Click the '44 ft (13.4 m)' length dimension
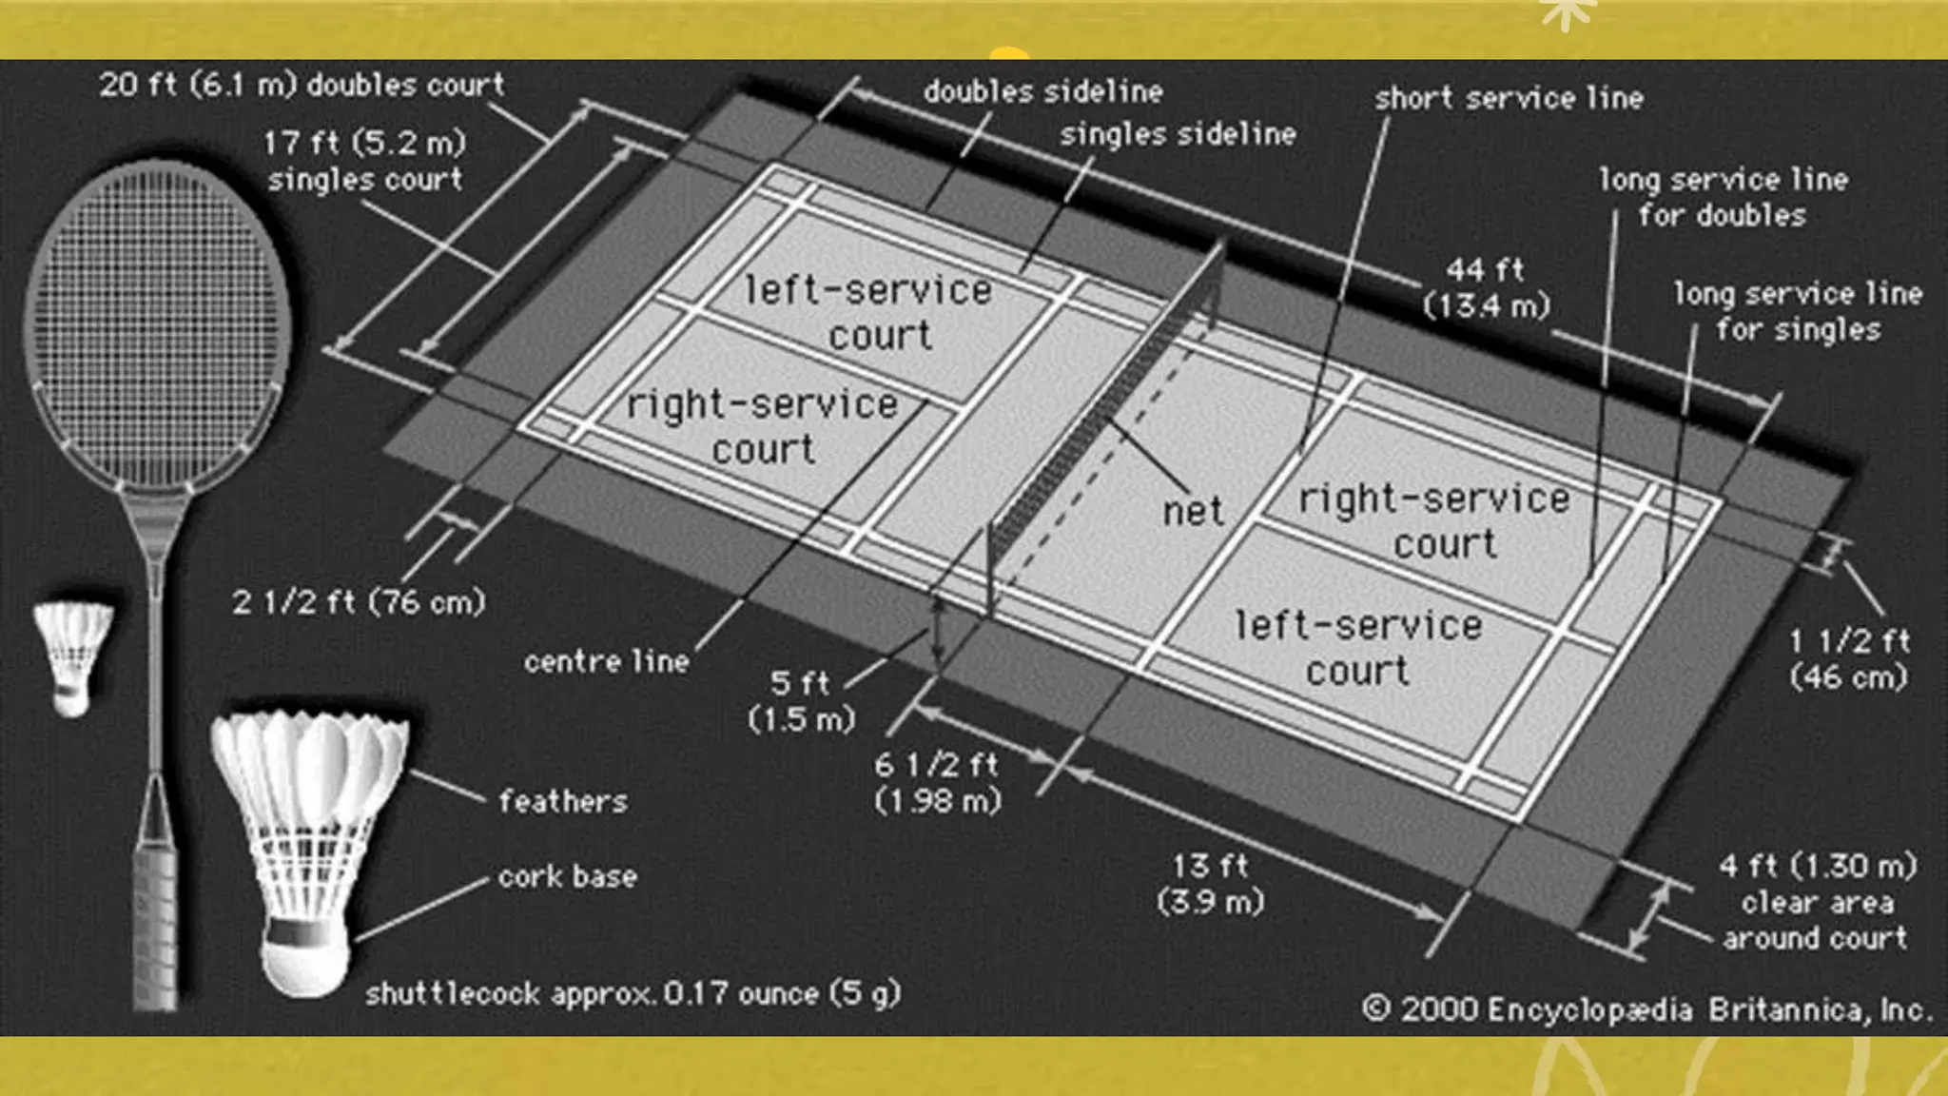(x=1486, y=287)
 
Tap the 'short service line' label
(x=1508, y=98)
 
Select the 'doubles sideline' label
(x=1042, y=91)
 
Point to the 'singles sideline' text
(x=1178, y=134)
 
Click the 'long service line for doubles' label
(x=1723, y=197)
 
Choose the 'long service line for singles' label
(x=1798, y=311)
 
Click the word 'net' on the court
(x=1193, y=512)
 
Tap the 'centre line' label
(x=607, y=661)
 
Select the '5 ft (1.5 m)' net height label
(x=801, y=700)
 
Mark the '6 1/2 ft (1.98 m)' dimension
(x=938, y=782)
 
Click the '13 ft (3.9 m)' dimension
(x=1210, y=883)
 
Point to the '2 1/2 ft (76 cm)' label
(x=359, y=602)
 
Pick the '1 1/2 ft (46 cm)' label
(x=1848, y=658)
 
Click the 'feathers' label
(x=563, y=801)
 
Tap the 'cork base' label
(x=568, y=876)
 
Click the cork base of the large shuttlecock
(x=303, y=956)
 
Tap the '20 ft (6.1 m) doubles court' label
(x=302, y=85)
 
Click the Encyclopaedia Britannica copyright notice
(x=1646, y=1008)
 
